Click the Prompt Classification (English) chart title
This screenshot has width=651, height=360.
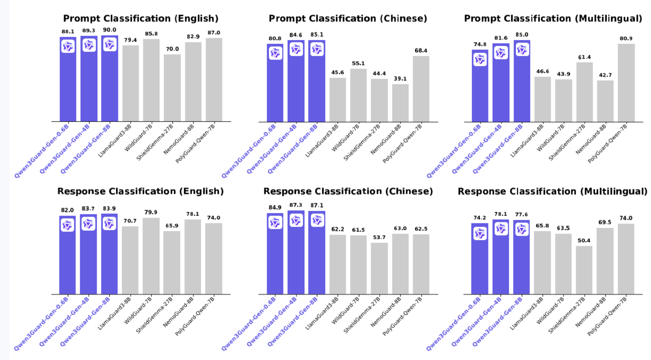(141, 19)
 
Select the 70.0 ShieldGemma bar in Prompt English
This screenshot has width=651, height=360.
(172, 88)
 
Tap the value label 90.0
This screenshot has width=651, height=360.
(110, 30)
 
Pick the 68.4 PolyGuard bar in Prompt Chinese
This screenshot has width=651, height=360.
(421, 89)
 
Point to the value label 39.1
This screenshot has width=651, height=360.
(400, 79)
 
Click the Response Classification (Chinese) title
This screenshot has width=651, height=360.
(348, 191)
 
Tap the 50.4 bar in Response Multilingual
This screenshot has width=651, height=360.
(584, 270)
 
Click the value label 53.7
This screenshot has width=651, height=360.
(379, 238)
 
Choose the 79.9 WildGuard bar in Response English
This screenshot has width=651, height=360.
(151, 256)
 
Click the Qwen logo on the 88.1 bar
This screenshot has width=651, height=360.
(68, 47)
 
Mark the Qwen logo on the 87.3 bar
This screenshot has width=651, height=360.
(296, 221)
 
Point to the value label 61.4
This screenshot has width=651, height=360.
(584, 57)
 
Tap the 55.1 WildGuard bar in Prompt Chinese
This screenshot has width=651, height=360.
(358, 95)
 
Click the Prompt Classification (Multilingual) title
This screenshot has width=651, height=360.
(553, 19)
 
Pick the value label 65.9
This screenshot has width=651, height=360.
(172, 226)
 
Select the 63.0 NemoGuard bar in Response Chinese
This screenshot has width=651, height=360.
(400, 264)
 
